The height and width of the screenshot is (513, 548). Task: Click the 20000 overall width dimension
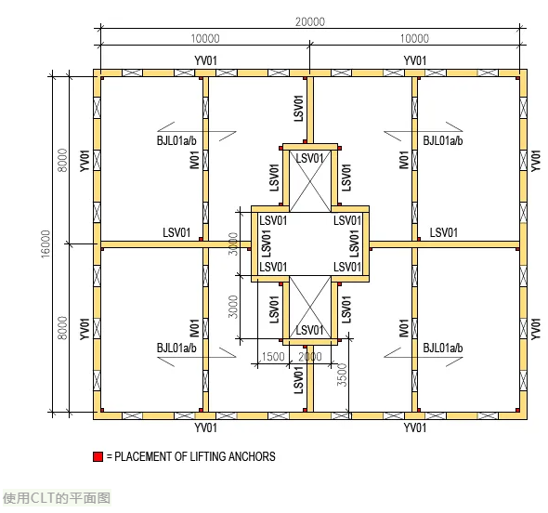(310, 22)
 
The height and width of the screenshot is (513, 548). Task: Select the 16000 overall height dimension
(46, 244)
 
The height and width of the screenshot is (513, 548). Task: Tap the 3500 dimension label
(342, 375)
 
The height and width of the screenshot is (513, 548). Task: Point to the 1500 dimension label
(272, 357)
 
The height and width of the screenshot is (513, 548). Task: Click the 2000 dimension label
(310, 357)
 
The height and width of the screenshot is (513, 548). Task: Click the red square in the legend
(98, 456)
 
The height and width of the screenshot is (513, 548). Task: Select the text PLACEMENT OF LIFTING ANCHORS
(195, 456)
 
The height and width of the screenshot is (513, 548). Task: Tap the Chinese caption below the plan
(57, 498)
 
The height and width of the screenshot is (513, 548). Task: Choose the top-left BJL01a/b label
(176, 140)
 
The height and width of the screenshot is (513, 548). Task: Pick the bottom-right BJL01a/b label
(443, 348)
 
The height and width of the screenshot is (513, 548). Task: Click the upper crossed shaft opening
(310, 181)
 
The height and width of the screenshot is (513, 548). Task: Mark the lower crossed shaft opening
(310, 307)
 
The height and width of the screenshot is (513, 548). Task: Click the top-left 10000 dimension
(205, 38)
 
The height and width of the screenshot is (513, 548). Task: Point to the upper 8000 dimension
(62, 160)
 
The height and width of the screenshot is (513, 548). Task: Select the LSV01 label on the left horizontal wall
(176, 232)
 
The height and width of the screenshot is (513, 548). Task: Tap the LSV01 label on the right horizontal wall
(443, 232)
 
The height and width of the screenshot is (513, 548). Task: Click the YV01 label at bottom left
(205, 427)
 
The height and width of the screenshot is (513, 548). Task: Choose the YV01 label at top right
(415, 60)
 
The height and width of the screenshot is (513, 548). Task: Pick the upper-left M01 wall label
(194, 160)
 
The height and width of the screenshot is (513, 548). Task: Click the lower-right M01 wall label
(404, 328)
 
